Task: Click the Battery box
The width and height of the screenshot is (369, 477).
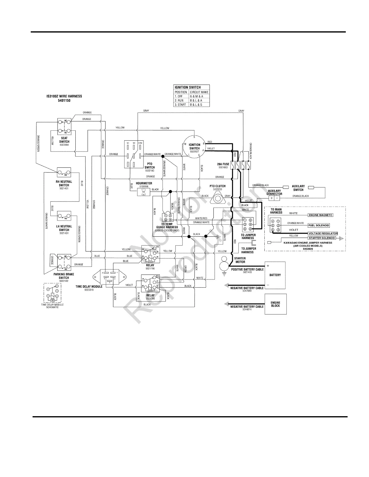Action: pyautogui.click(x=275, y=275)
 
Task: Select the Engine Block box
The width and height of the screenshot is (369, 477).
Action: pyautogui.click(x=275, y=304)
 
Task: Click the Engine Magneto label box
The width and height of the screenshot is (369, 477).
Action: pyautogui.click(x=320, y=215)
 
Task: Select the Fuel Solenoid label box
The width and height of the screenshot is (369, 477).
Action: pyautogui.click(x=319, y=225)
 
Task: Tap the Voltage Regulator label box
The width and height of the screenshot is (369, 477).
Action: pyautogui.click(x=323, y=233)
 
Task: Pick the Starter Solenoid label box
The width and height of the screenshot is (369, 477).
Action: pyautogui.click(x=322, y=238)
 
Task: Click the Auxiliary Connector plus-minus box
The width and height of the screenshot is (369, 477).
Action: pyautogui.click(x=274, y=198)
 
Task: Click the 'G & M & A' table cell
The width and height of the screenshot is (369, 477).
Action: pyautogui.click(x=199, y=96)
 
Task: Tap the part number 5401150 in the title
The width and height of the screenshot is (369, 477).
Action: pyautogui.click(x=64, y=101)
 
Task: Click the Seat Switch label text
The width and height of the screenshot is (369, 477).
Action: pyautogui.click(x=64, y=140)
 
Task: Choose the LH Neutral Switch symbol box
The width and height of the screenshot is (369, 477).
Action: pyautogui.click(x=64, y=216)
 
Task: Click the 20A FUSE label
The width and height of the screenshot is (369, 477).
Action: pyautogui.click(x=223, y=164)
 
